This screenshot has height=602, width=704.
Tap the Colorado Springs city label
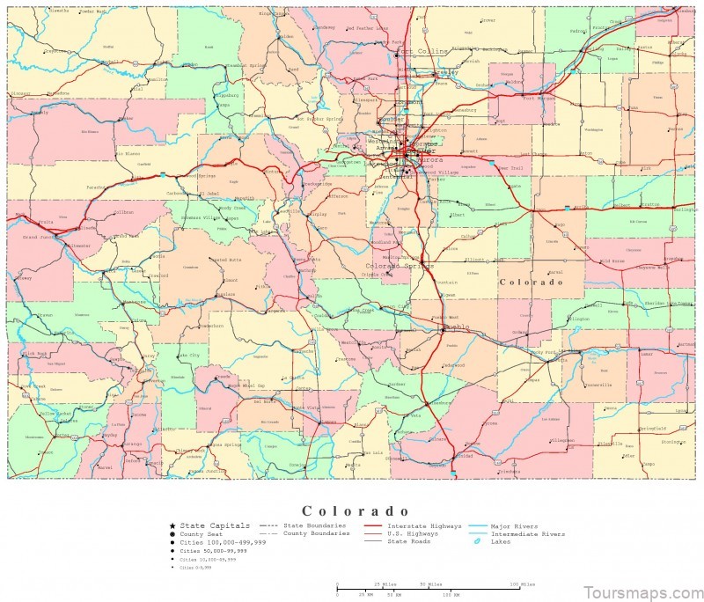394,265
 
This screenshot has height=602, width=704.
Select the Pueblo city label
458,327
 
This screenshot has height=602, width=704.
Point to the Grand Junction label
41,238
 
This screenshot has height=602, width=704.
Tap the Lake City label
189,355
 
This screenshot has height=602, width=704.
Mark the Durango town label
132,444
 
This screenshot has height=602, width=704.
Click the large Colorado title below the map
356,510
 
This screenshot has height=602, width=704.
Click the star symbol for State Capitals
172,525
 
